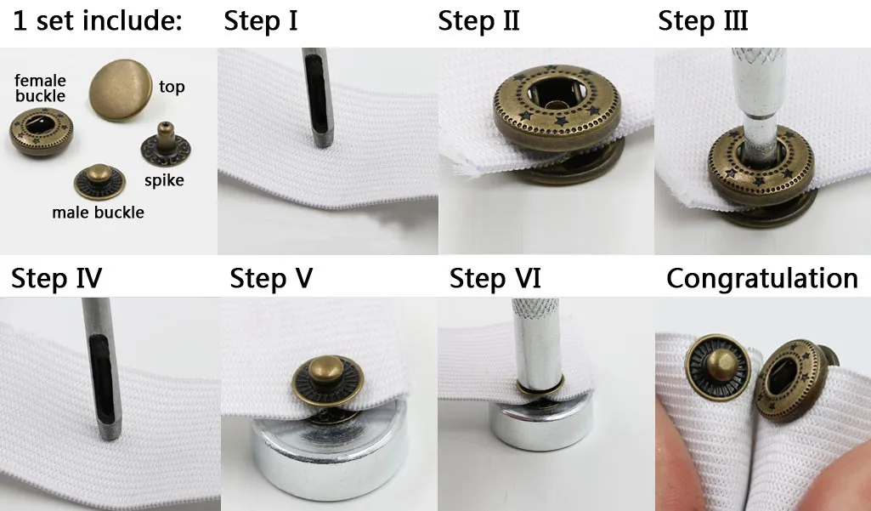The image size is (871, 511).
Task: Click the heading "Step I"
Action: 261,21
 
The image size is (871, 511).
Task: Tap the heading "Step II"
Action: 478,21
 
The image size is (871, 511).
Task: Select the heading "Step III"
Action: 703,21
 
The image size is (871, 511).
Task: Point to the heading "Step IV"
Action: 57,278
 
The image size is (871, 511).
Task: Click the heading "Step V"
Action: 271,278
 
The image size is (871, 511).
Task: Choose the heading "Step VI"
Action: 495,278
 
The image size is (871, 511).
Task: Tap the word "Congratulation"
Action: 762,278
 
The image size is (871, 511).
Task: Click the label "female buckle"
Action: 40,88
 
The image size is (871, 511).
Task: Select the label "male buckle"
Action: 98,213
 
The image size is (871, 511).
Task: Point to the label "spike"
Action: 164,181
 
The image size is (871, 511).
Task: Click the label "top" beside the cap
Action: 172,87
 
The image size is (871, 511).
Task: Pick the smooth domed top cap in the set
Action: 121,89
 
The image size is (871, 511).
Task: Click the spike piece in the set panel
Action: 166,145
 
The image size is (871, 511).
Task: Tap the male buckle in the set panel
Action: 99,182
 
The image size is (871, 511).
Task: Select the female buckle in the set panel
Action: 41,132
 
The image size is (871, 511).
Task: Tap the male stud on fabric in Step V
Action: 328,380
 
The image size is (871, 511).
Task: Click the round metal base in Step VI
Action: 540,425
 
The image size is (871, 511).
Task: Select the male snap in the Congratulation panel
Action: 718,366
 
